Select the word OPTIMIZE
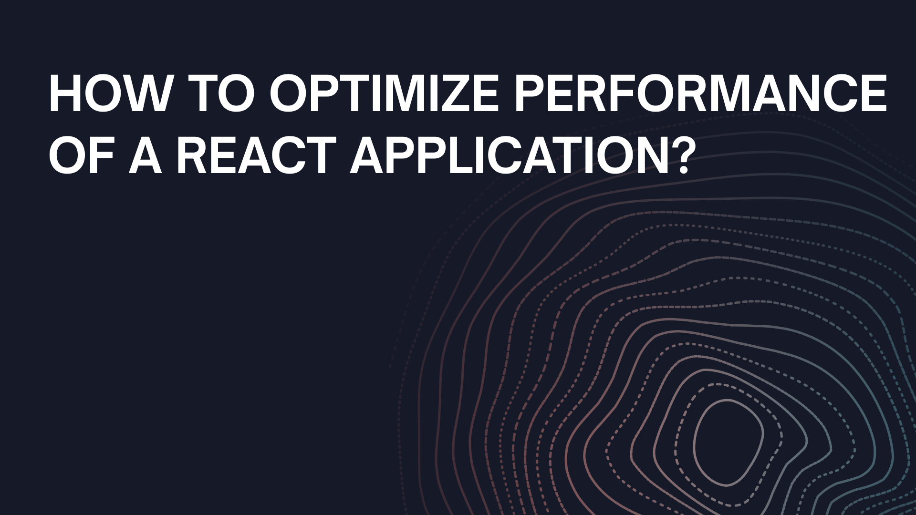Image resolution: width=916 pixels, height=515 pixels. click(384, 93)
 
